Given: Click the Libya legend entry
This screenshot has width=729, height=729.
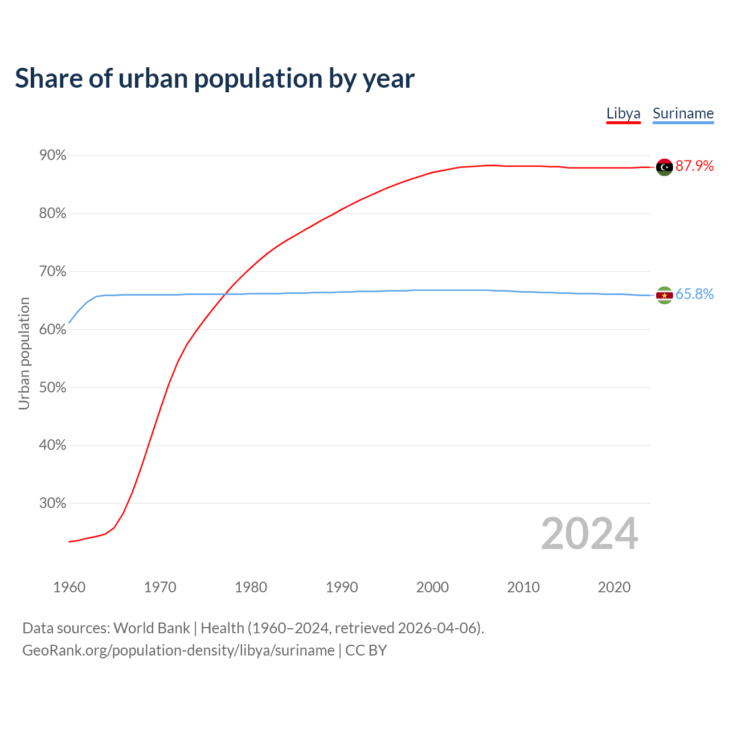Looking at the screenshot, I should click(623, 113).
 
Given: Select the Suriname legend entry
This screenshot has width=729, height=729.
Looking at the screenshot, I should click(683, 113).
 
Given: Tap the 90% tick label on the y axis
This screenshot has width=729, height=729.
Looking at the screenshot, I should click(52, 155).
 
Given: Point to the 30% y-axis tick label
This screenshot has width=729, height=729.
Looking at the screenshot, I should click(52, 503).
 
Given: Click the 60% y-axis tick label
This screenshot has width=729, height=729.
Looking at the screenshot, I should click(52, 330).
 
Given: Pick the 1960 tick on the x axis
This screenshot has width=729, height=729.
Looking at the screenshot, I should click(69, 587).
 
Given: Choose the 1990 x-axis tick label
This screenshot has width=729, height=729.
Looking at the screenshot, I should click(342, 587).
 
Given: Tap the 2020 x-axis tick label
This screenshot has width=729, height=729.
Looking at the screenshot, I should click(614, 587).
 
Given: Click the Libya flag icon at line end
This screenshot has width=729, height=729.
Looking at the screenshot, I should click(664, 167).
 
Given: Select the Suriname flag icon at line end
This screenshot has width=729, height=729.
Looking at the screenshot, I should click(664, 295).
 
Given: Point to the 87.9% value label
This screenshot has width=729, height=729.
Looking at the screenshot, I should click(695, 166).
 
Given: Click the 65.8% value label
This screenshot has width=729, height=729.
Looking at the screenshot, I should click(695, 294).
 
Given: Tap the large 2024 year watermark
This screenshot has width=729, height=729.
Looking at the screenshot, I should click(589, 534).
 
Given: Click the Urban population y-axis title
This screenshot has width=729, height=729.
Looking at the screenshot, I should click(24, 353).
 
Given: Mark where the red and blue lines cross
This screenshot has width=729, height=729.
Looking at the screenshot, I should click(226, 294).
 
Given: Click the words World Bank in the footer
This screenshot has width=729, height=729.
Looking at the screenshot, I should click(151, 628).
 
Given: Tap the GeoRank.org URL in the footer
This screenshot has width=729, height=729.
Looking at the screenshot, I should click(178, 650).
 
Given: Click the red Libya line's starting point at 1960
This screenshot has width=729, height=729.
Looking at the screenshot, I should click(69, 542).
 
